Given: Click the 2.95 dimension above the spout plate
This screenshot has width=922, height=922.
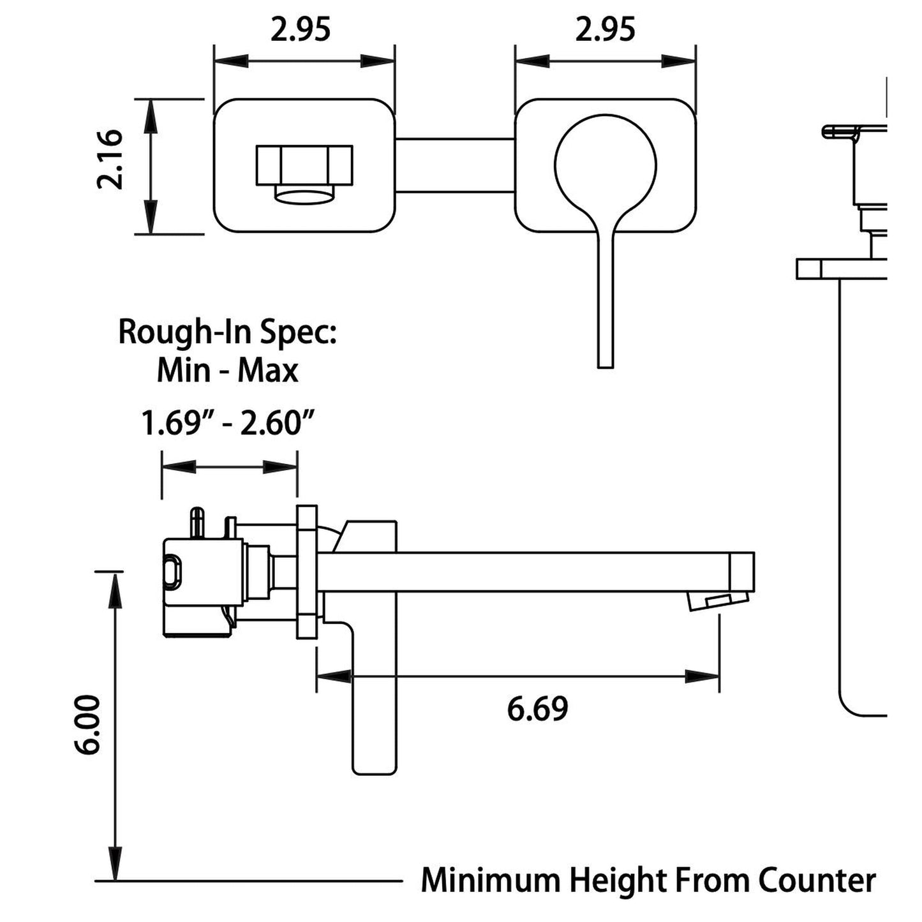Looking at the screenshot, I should click(x=301, y=29).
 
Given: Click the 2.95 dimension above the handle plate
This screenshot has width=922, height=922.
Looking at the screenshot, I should click(x=605, y=29).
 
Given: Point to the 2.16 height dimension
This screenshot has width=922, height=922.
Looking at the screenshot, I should click(x=109, y=159).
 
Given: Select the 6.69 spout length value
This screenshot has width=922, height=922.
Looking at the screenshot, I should click(x=537, y=710).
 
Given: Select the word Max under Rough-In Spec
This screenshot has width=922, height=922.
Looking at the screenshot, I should click(x=268, y=371).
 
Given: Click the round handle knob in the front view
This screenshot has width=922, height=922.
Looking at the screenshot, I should click(x=606, y=163).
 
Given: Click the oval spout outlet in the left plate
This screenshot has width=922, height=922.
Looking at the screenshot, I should click(x=305, y=197).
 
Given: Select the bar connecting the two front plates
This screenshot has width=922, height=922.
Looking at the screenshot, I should click(x=454, y=164).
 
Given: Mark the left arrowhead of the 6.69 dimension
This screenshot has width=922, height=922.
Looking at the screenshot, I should click(x=332, y=676).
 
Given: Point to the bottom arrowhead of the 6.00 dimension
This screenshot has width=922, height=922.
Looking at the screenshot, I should click(x=115, y=865).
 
